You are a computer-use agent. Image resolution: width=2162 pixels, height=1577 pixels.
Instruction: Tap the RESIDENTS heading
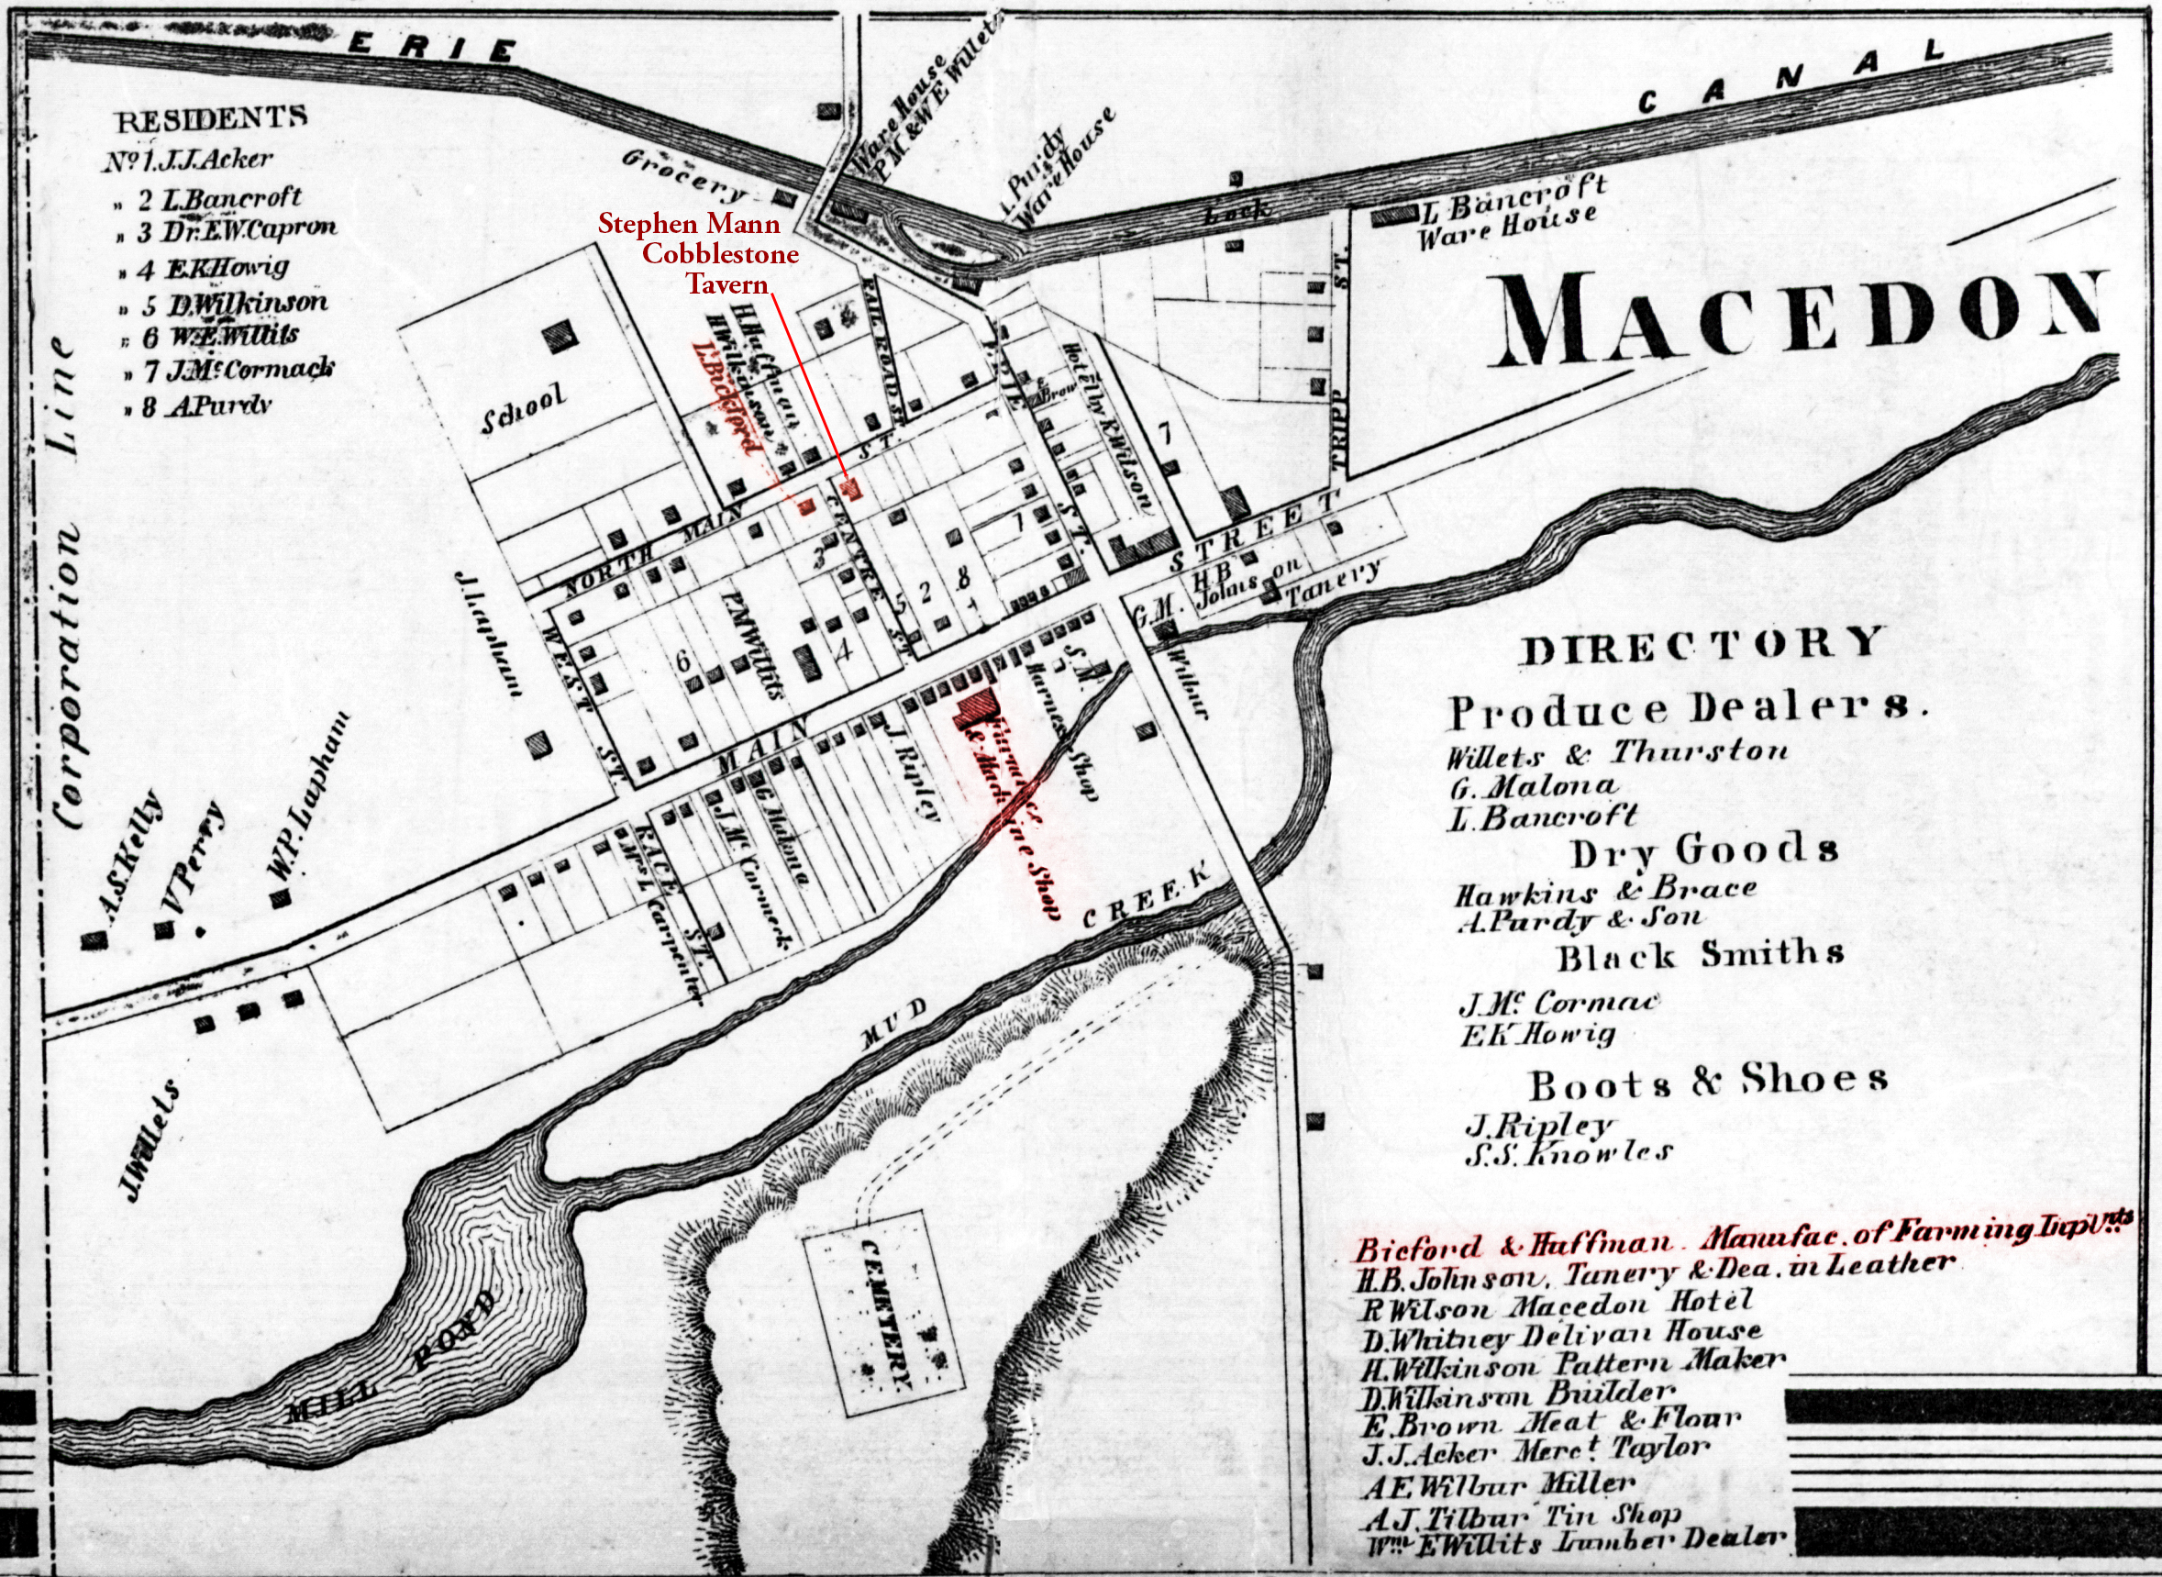pyautogui.click(x=211, y=118)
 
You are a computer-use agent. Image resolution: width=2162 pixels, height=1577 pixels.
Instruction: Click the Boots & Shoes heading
pyautogui.click(x=1709, y=1080)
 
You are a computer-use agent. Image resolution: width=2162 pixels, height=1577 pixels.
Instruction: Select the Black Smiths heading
pyautogui.click(x=1700, y=954)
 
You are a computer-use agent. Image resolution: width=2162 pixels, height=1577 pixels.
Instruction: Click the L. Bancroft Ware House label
pyautogui.click(x=1508, y=212)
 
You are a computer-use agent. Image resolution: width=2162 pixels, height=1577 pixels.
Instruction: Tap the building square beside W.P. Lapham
pyautogui.click(x=281, y=898)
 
